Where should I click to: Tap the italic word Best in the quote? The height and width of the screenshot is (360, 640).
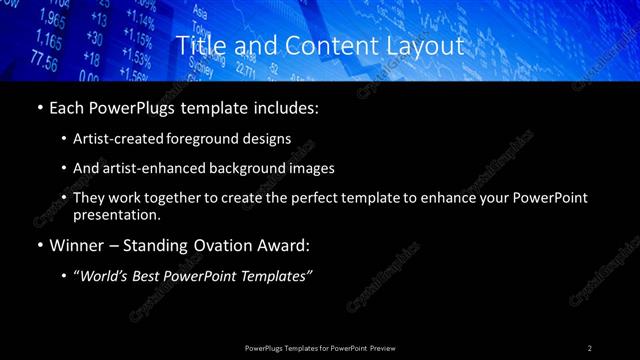(154, 274)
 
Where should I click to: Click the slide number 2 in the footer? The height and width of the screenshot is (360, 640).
(589, 347)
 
